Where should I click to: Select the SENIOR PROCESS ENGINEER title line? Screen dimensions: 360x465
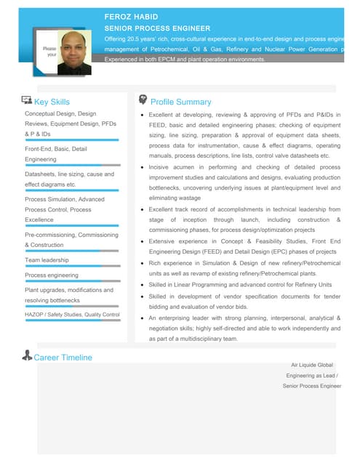156,27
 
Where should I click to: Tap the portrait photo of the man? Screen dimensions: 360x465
75,52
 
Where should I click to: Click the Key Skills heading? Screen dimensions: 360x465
52,102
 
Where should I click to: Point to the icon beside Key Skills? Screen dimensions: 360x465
27,101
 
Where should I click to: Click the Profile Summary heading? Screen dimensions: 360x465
180,102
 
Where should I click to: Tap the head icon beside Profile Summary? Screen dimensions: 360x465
143,100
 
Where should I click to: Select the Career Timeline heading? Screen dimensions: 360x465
63,357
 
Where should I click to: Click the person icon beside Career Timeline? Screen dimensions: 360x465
28,356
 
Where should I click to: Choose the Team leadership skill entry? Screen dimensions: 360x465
47,259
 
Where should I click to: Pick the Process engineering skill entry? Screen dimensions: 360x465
51,275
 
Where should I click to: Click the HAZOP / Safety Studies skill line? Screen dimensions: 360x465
72,315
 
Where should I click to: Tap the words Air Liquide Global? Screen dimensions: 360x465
311,365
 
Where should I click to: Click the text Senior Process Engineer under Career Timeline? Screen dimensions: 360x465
311,387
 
